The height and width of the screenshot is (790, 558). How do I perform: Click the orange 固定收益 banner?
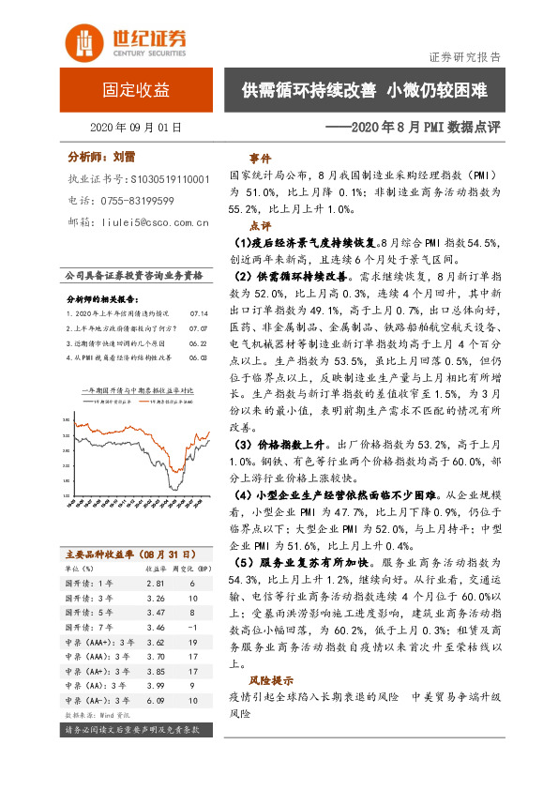coord(136,91)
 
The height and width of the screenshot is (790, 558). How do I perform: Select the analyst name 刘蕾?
coord(125,158)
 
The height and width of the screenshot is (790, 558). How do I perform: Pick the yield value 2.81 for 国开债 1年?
coord(155,583)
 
